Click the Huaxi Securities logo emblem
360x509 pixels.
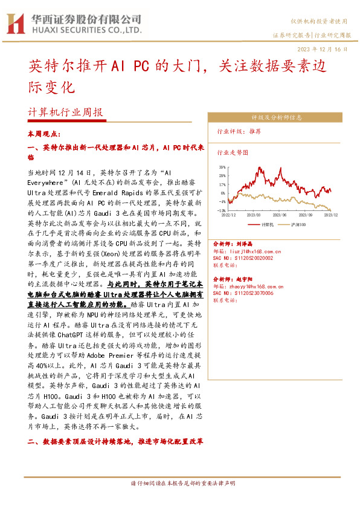pyautogui.click(x=14, y=23)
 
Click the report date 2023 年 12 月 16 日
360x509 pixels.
pyautogui.click(x=323, y=48)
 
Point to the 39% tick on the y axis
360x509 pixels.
pyautogui.click(x=222, y=167)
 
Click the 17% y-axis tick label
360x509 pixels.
pyautogui.click(x=222, y=184)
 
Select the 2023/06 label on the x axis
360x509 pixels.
pyautogui.click(x=280, y=215)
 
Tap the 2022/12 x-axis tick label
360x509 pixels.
pyautogui.click(x=229, y=215)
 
